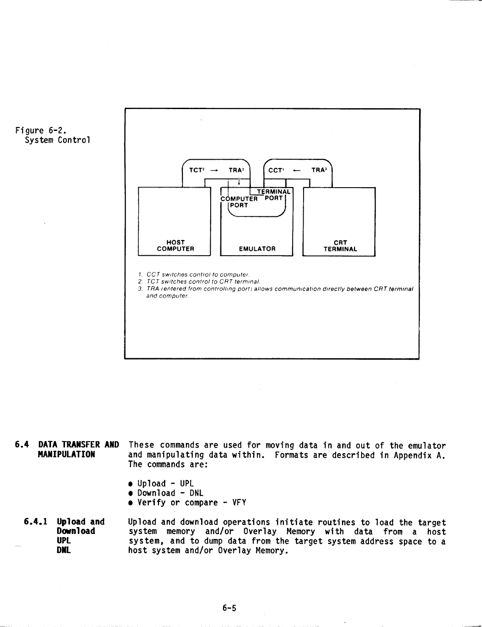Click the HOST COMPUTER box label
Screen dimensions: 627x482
tap(175, 246)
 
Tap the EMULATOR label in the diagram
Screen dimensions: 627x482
tap(257, 249)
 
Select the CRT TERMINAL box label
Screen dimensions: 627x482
tap(340, 246)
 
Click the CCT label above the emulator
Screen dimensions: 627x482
tap(276, 170)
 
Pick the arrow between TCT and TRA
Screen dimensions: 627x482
tap(214, 171)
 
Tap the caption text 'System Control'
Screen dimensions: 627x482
tap(57, 140)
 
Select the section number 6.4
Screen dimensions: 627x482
tap(22, 445)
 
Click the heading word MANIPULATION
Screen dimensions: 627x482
tap(66, 454)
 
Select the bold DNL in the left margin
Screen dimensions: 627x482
tap(64, 551)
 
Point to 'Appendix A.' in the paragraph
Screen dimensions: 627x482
tap(419, 455)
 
